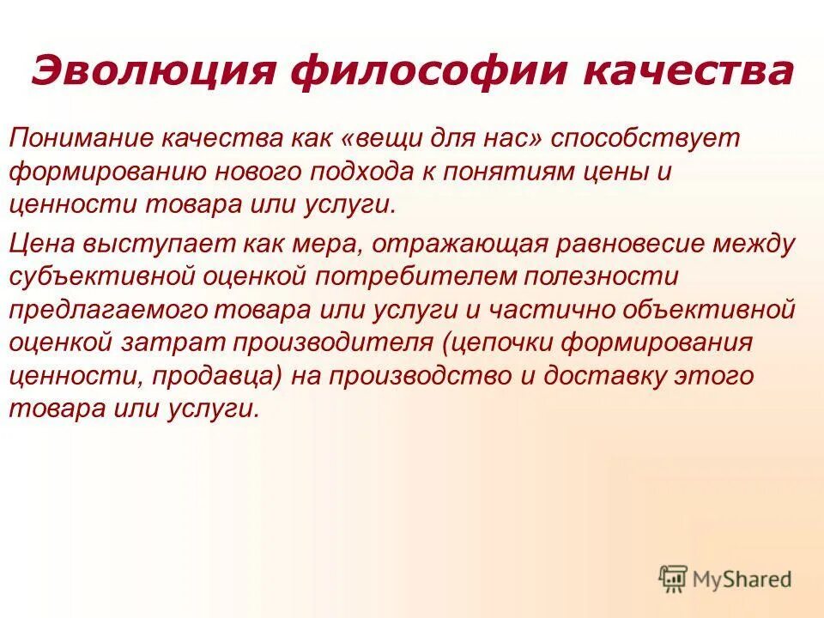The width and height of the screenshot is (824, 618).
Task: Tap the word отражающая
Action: (x=456, y=243)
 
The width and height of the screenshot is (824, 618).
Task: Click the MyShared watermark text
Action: (x=743, y=579)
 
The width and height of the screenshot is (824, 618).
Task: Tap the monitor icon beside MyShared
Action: (x=673, y=578)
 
